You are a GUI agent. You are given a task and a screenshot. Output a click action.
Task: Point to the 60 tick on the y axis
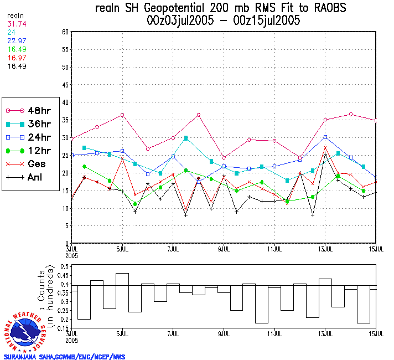[x=65, y=32]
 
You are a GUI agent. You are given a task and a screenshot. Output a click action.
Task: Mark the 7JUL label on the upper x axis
[x=173, y=248]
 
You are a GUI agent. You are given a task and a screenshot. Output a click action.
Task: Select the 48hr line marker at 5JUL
[x=122, y=115]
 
